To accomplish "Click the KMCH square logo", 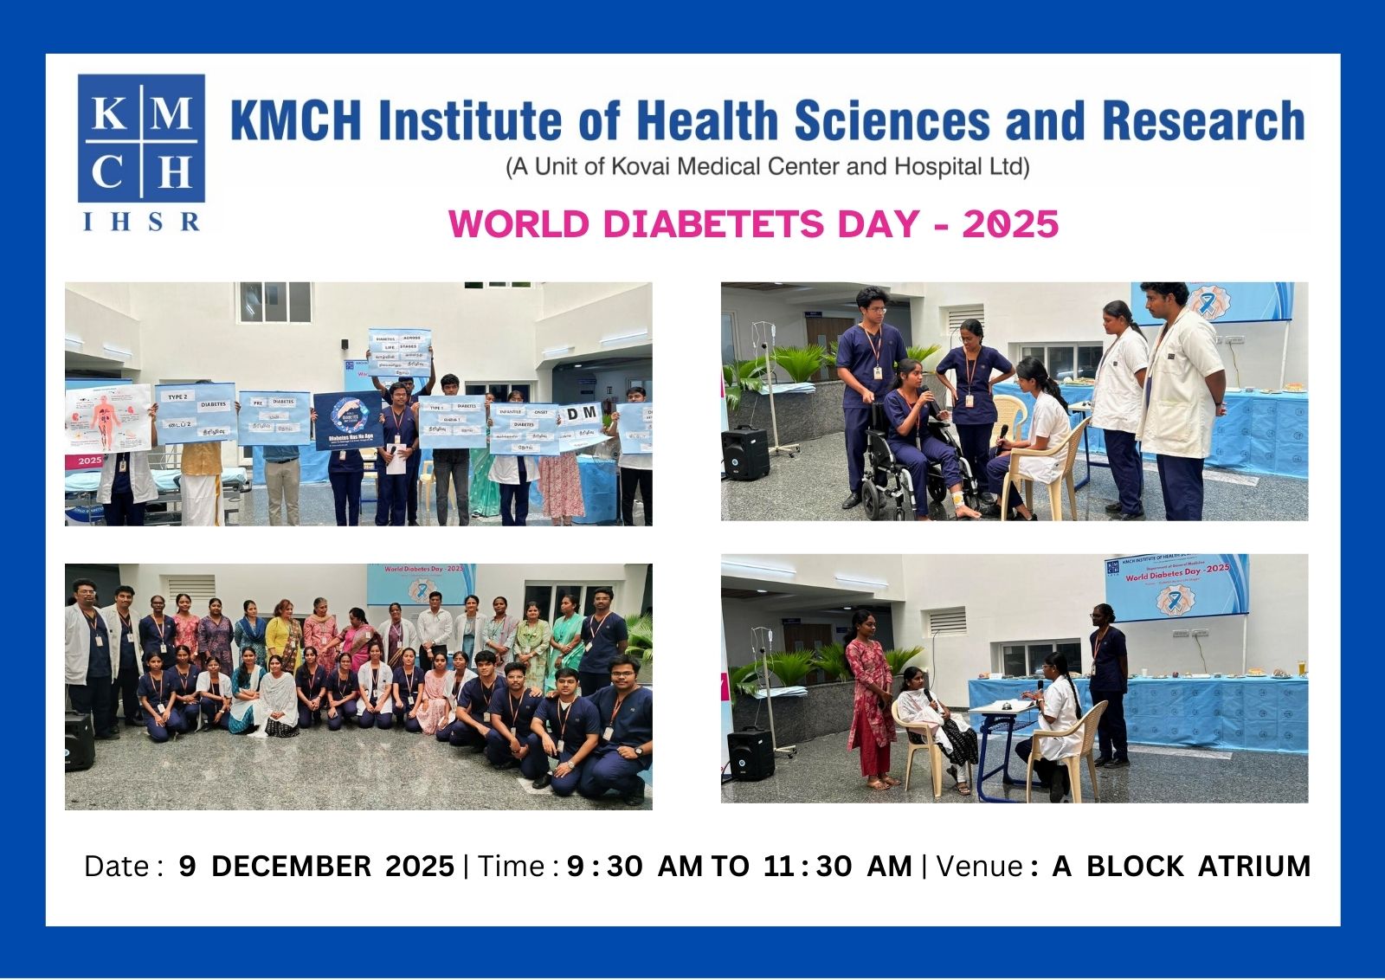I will click(141, 139).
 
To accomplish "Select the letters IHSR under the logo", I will click(141, 222).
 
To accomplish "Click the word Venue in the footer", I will click(980, 867).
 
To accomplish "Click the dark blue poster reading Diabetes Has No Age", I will click(348, 420).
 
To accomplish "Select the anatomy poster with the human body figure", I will click(108, 418).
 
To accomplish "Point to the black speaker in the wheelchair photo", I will click(744, 453).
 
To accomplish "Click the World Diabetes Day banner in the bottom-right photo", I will click(1176, 585).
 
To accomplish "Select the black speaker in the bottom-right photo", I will click(750, 753).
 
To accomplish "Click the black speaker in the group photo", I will click(79, 742).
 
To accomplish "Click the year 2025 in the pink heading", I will click(1010, 224).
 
